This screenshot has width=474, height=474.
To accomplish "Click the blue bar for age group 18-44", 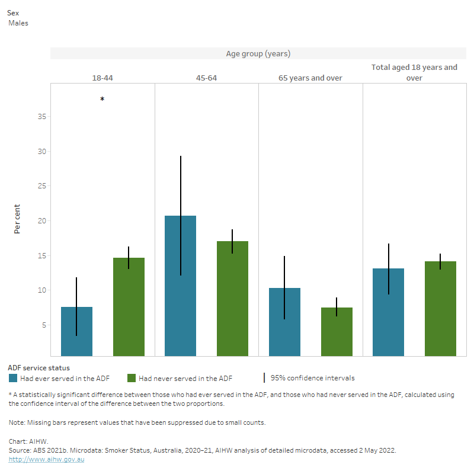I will point(76,332).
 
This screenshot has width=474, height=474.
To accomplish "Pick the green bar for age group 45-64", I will point(232,299).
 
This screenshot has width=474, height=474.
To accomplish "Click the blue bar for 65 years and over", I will point(284,322).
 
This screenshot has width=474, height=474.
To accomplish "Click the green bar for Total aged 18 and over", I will point(440,309).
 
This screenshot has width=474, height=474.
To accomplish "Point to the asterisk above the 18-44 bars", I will point(102,100).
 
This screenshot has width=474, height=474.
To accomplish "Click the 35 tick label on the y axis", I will point(41,117).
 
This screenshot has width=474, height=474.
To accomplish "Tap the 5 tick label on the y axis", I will point(44,325).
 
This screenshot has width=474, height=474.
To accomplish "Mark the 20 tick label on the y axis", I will point(41,221).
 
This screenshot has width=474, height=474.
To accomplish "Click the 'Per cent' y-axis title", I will point(18,219).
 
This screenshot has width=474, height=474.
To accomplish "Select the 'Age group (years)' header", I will point(258,54).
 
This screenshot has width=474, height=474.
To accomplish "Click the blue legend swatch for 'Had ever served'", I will point(13,378).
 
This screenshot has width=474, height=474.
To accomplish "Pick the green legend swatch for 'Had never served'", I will point(132,378).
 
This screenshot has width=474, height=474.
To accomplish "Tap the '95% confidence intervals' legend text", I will point(312,378).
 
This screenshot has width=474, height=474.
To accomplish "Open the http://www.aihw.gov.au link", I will point(46,459).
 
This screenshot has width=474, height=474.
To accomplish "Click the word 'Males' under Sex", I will point(18,23).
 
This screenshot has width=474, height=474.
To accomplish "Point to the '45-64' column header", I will point(206,78).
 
